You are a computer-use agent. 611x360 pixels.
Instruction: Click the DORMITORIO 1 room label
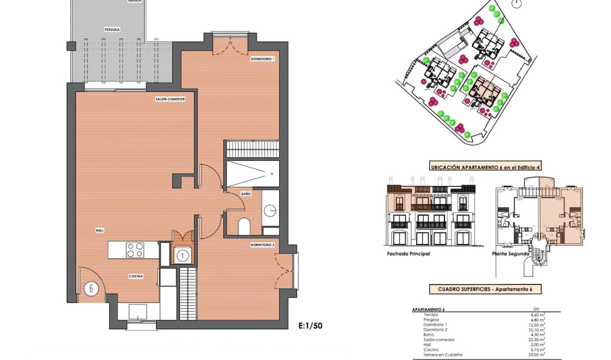pos(263,59)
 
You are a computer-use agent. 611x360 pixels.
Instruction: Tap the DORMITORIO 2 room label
pos(263,245)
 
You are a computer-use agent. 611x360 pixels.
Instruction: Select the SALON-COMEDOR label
pos(170,99)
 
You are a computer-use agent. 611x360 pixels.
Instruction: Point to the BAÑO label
pos(246,194)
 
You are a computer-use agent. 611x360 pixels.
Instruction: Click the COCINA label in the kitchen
pos(136,276)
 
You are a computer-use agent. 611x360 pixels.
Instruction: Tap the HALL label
pos(100,229)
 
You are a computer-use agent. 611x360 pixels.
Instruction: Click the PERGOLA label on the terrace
pos(112,29)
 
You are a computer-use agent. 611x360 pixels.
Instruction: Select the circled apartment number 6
pos(91,289)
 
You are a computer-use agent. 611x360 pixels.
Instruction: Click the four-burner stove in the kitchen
pos(135,250)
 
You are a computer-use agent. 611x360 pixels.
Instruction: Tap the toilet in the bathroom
pos(244,227)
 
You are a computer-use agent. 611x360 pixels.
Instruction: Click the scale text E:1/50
pos(311,326)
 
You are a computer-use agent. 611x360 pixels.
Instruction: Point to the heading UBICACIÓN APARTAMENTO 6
pos(485,168)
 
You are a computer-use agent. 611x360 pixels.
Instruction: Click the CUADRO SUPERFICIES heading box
pos(485,289)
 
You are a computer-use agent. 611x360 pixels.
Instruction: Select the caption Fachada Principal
pos(408,254)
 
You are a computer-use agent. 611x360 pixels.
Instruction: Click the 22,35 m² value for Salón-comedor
pos(537,340)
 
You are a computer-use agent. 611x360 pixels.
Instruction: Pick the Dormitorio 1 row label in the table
pos(434,324)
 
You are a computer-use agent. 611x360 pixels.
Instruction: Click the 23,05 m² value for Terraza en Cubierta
pos(537,354)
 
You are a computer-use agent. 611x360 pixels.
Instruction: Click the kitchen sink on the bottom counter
pos(138,312)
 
